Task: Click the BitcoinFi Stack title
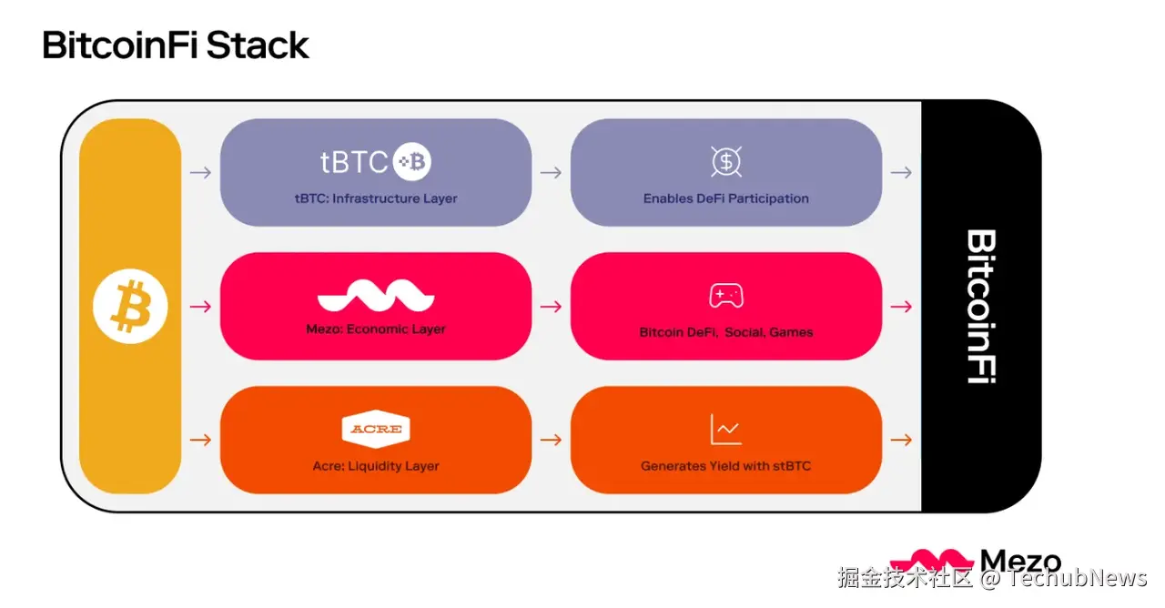(176, 45)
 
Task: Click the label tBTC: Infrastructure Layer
(375, 198)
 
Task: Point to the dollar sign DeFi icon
(725, 162)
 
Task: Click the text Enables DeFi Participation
(725, 198)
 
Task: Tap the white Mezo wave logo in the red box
(375, 297)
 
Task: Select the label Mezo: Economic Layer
(375, 329)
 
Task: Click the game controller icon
(725, 296)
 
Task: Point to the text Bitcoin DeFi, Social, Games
(725, 332)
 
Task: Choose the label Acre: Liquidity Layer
(375, 466)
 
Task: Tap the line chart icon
(725, 430)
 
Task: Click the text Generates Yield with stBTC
(725, 466)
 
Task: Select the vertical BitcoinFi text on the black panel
(980, 306)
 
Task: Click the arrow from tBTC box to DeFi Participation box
(551, 172)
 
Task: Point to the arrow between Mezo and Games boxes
(551, 307)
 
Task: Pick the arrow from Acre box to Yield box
(551, 441)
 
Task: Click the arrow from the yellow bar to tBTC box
(200, 172)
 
